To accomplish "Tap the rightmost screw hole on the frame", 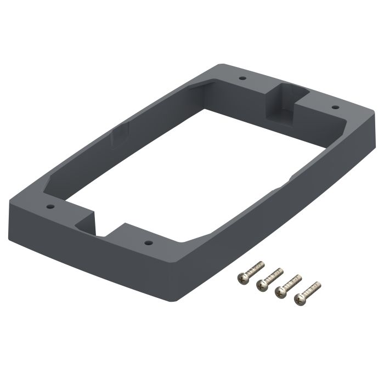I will click(334, 108).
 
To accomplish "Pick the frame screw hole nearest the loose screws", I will click(147, 241).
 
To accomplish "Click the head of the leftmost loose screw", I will click(242, 279).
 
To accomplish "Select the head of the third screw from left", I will click(281, 290).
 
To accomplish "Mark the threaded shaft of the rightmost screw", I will click(313, 288).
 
